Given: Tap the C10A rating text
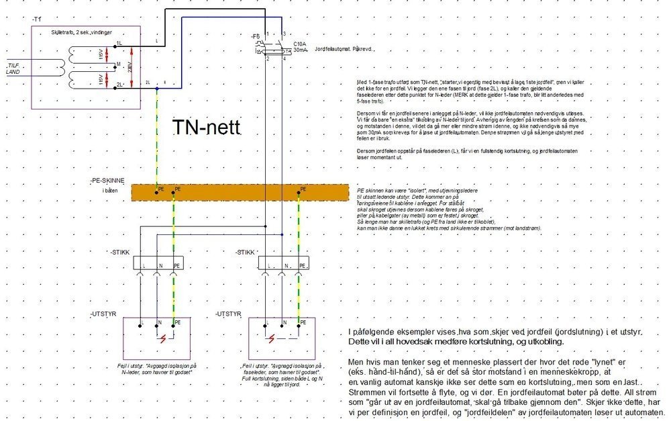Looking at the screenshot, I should (299, 43).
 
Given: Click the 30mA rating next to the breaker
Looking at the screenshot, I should (301, 50).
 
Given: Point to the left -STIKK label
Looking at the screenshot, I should (120, 252).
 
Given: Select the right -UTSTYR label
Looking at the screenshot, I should (229, 314).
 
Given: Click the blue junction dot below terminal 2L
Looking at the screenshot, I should (157, 88).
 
